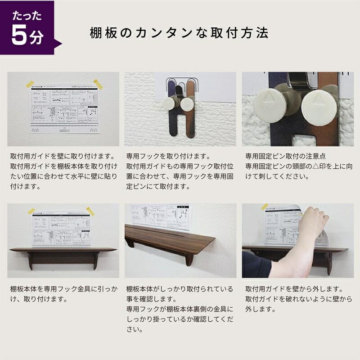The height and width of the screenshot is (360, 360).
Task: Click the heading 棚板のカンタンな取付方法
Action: pyautogui.click(x=179, y=33)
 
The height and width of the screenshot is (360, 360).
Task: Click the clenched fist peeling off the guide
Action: pyautogui.click(x=314, y=219)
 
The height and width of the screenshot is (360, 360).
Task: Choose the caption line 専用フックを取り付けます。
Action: pyautogui.click(x=168, y=157)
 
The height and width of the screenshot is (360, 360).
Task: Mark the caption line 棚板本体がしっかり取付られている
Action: pyautogui.click(x=180, y=288)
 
